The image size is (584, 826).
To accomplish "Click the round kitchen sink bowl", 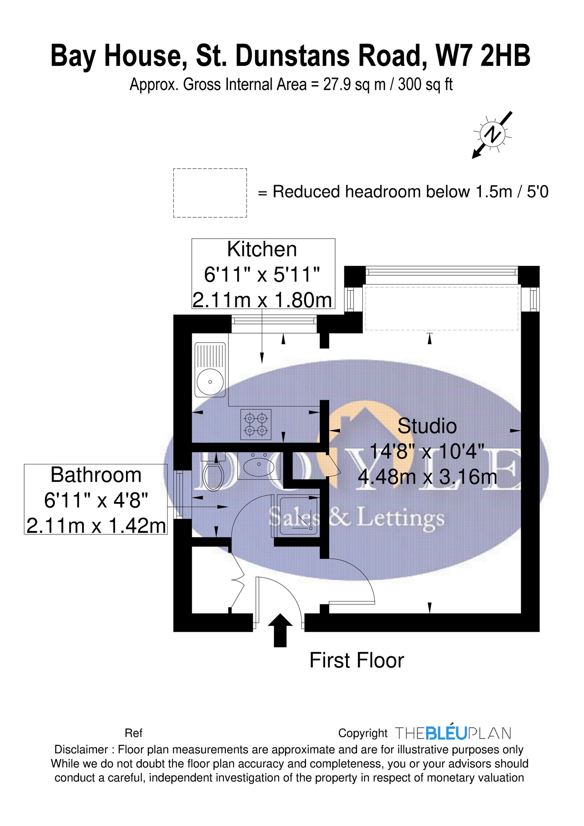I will (210, 382).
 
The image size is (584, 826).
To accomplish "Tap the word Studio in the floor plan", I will (427, 426).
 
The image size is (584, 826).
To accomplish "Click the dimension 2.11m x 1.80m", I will (262, 300).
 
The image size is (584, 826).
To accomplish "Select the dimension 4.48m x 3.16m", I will (427, 477).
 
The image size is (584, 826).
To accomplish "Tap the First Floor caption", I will (356, 661).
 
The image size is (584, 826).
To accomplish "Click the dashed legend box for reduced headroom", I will (210, 193).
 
